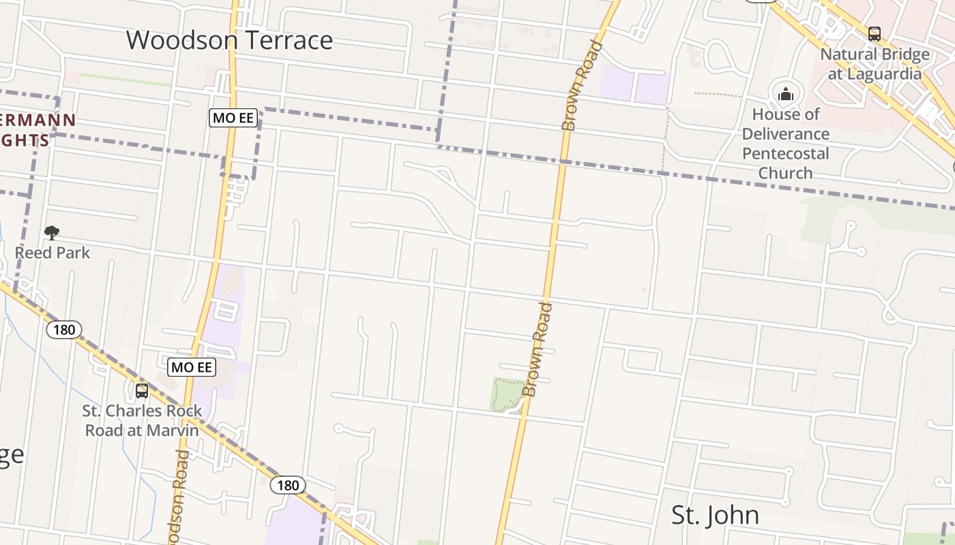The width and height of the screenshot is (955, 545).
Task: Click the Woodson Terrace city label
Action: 229,40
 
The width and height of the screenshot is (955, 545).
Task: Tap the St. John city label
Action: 715,515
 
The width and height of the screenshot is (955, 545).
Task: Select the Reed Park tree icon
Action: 51,233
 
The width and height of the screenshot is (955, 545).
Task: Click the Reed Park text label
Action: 53,253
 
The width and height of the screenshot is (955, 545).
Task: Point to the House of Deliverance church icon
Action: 786,94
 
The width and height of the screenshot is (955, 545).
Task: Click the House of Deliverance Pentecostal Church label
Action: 786,143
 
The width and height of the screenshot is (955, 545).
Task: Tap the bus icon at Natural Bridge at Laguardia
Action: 874,33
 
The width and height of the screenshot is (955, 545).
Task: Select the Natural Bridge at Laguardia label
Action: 875,64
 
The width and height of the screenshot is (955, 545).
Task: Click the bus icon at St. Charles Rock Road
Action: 142,391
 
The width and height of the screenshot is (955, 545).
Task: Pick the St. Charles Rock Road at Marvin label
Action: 142,420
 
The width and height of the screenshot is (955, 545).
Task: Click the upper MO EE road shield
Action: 233,118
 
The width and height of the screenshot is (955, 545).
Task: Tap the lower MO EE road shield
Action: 192,368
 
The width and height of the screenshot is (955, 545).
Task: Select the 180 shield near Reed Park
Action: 64,330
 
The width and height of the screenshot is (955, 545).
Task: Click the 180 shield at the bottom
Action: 288,485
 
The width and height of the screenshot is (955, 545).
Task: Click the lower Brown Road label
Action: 540,349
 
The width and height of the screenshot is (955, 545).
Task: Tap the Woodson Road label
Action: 179,497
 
